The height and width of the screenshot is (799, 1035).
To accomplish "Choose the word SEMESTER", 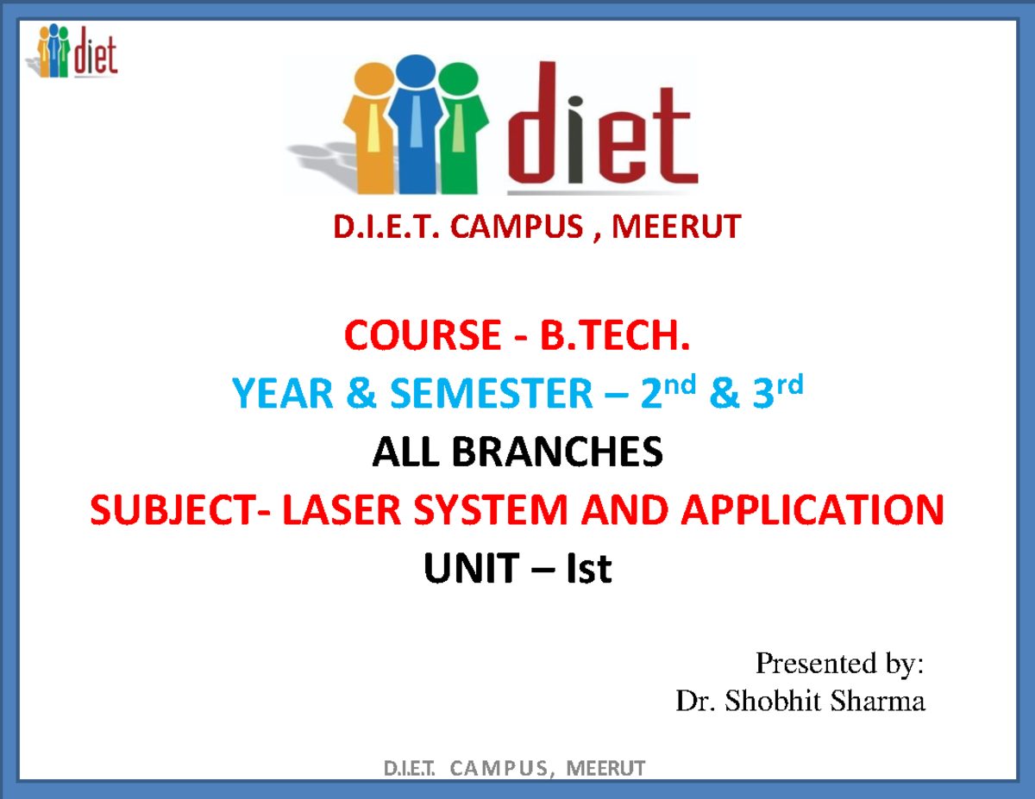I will (491, 395).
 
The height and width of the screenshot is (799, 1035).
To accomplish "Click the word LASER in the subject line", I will (333, 510).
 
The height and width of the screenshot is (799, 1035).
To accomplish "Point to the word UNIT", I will (471, 569).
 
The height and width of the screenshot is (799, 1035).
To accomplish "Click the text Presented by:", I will (839, 664).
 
